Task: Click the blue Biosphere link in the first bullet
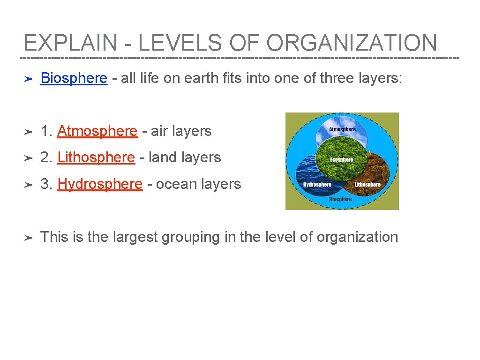pyautogui.click(x=74, y=78)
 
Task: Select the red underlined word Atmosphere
pyautogui.click(x=97, y=131)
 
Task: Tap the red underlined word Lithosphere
pyautogui.click(x=96, y=157)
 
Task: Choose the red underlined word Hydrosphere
pyautogui.click(x=99, y=184)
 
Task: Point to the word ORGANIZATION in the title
pyautogui.click(x=352, y=43)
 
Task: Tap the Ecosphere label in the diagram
pyautogui.click(x=341, y=160)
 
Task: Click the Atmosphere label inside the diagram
pyautogui.click(x=342, y=129)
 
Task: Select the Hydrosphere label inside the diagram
pyautogui.click(x=317, y=185)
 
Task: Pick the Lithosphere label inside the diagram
pyautogui.click(x=367, y=185)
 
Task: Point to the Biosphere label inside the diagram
pyautogui.click(x=340, y=199)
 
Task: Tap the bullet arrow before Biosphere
pyautogui.click(x=28, y=79)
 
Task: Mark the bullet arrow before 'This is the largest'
pyautogui.click(x=28, y=238)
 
